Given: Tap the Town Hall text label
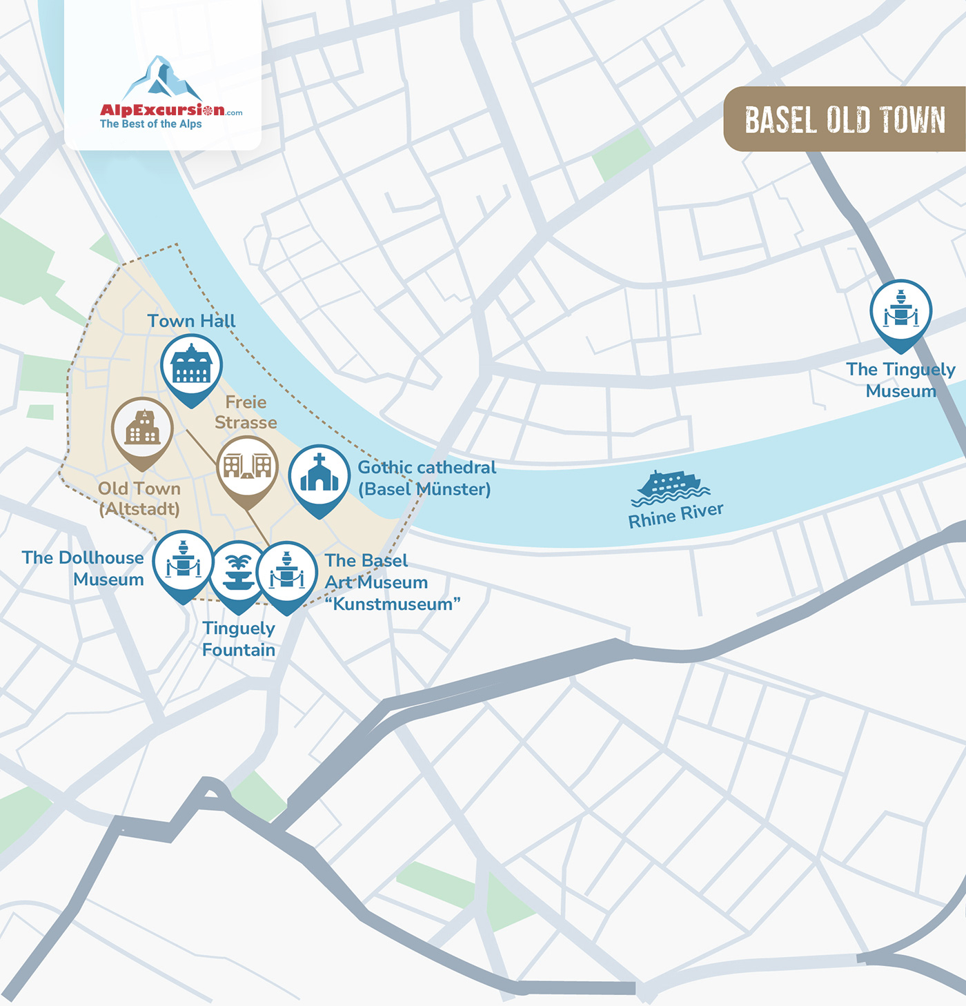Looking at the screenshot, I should tap(191, 321).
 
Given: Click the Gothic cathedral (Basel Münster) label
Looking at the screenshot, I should tap(426, 478).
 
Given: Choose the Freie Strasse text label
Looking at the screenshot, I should tap(246, 412).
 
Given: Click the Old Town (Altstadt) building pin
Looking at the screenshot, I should tap(142, 428).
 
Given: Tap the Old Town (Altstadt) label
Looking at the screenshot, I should tap(139, 499).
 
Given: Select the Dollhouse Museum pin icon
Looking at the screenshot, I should tap(183, 562).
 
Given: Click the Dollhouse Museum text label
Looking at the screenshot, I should tap(83, 569).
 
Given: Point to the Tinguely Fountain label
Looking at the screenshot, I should tap(239, 639).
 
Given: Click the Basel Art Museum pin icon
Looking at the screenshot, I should tap(286, 573).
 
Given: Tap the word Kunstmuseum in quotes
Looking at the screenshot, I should tap(393, 604).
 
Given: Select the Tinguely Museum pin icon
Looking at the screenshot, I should tap(900, 311).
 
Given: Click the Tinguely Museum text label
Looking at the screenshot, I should tap(900, 380).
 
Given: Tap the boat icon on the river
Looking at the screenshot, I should tap(669, 486).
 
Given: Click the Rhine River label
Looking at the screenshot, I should tap(676, 515).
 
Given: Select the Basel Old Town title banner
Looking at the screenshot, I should tap(845, 119).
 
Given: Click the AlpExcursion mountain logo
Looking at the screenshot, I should tap(163, 77).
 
